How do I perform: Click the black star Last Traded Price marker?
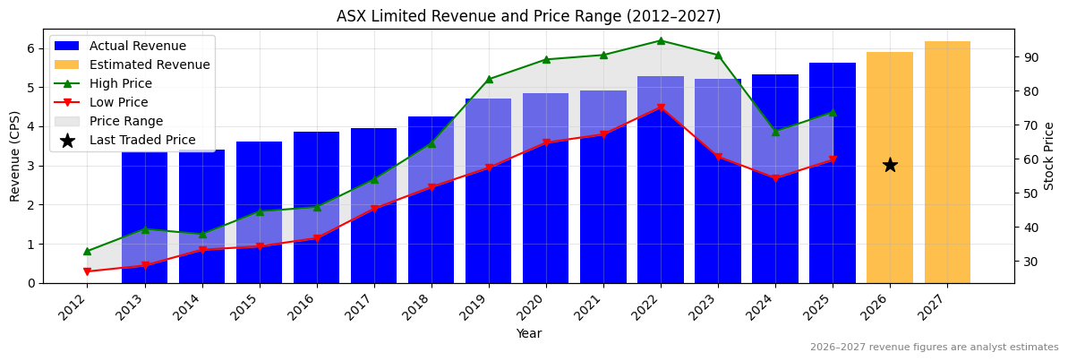890,165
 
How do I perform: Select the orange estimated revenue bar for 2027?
947,161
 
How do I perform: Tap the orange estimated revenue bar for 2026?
890,215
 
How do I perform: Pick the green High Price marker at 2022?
661,40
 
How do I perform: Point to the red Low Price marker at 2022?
661,108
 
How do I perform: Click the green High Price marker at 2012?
87,251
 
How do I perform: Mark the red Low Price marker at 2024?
775,178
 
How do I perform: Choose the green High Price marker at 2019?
489,79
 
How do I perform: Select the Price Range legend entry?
132,121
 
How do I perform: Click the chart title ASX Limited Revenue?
528,16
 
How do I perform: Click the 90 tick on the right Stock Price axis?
1030,57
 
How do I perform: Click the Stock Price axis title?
1049,156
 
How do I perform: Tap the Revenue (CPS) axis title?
15,156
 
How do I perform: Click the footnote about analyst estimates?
934,348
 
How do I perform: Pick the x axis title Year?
528,333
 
